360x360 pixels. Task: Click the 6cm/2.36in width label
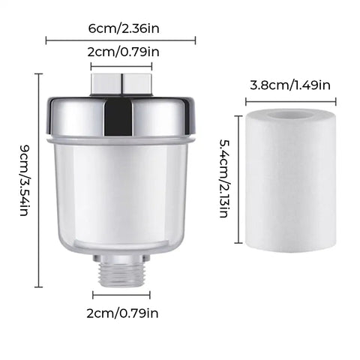[124, 28]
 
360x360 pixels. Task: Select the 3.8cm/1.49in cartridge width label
[290, 85]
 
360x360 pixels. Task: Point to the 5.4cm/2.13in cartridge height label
[224, 178]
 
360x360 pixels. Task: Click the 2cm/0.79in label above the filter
[123, 52]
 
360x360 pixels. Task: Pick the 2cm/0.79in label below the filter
[122, 313]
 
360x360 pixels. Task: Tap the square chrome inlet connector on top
[121, 85]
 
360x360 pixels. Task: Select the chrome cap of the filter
[121, 116]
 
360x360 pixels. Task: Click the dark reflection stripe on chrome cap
[118, 118]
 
